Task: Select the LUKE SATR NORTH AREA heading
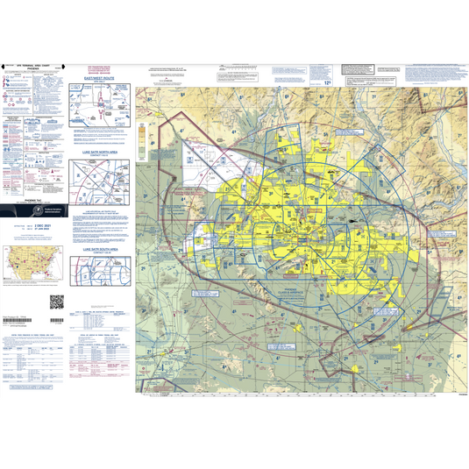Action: pyautogui.click(x=99, y=152)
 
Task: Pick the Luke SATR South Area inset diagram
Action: pyautogui.click(x=100, y=277)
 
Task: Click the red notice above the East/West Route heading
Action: pyautogui.click(x=99, y=68)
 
